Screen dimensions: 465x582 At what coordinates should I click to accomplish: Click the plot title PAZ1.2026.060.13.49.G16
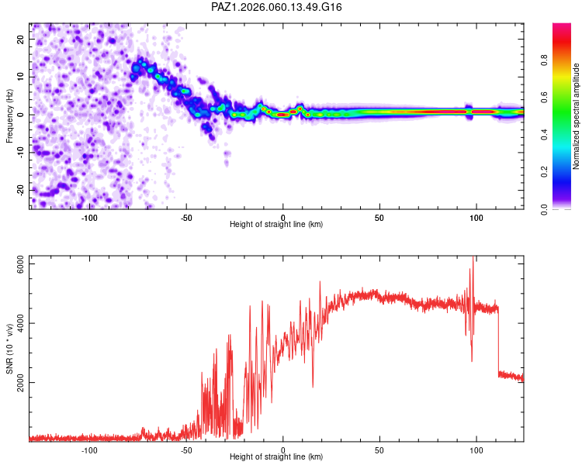pyautogui.click(x=277, y=7)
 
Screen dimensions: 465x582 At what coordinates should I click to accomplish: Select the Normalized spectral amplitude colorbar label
pyautogui.click(x=577, y=115)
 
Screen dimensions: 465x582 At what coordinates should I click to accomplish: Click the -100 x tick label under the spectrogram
pyautogui.click(x=89, y=218)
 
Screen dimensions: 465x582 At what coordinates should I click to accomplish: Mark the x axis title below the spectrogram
pyautogui.click(x=276, y=225)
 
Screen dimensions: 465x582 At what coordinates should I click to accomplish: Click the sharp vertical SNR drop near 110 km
pyautogui.click(x=498, y=341)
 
